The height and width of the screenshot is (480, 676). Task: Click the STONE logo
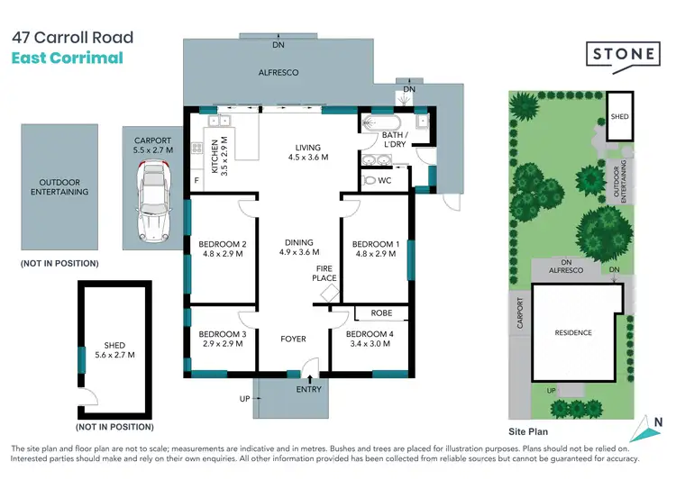pyautogui.click(x=623, y=54)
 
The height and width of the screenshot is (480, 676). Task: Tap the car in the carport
pyautogui.click(x=151, y=204)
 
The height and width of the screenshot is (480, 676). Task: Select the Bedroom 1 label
pyautogui.click(x=375, y=249)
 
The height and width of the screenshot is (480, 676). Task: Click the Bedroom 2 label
pyautogui.click(x=222, y=249)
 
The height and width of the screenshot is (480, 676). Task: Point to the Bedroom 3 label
pyautogui.click(x=222, y=340)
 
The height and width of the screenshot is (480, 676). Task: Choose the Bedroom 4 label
pyautogui.click(x=370, y=340)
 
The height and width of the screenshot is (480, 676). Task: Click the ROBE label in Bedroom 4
pyautogui.click(x=380, y=314)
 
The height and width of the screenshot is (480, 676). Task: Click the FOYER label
pyautogui.click(x=294, y=340)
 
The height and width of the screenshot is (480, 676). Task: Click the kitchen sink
pyautogui.click(x=221, y=121)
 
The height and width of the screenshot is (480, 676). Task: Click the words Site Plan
pyautogui.click(x=529, y=432)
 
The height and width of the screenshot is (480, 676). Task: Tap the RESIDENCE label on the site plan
pyautogui.click(x=573, y=333)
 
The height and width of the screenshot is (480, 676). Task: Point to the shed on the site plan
pyautogui.click(x=620, y=116)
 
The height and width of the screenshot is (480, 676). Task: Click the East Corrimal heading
pyautogui.click(x=67, y=59)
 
